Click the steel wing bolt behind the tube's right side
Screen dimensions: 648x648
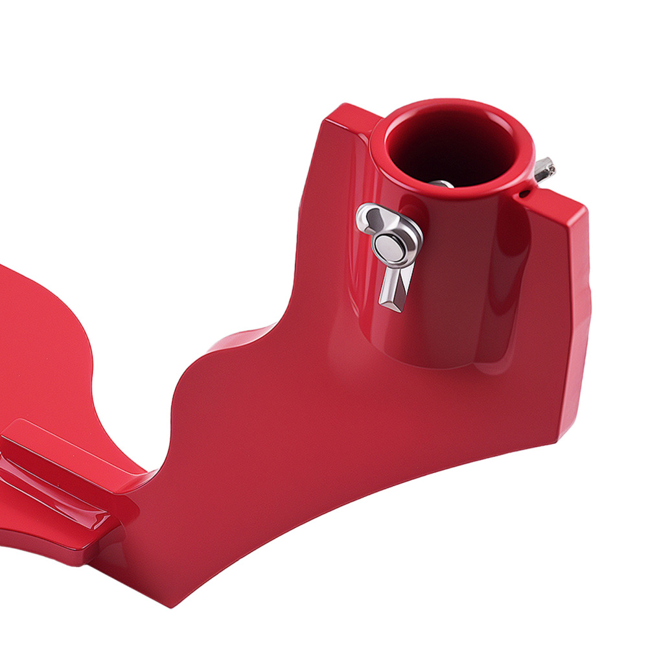[544, 169]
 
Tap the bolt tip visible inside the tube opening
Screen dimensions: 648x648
[442, 184]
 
